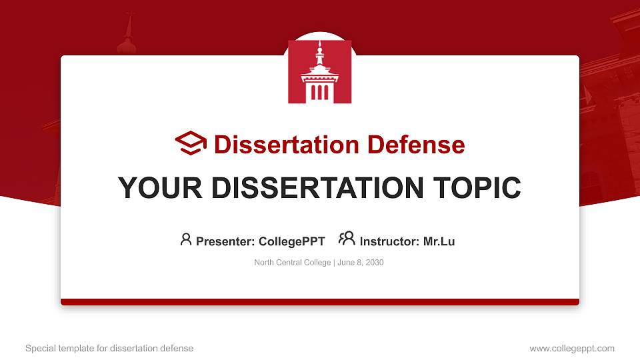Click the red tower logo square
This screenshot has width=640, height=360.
(319, 71)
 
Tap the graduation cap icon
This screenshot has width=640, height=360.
(191, 143)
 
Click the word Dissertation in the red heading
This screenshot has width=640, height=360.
(286, 145)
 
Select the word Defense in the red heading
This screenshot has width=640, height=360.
(416, 145)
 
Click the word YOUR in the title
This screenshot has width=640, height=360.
(160, 188)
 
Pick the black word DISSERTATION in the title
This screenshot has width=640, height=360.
(317, 188)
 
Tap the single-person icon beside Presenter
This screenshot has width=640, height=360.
(186, 239)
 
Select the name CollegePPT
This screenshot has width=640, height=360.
(292, 241)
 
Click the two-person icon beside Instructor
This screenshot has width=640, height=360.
(347, 239)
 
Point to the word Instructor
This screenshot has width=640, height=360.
(389, 241)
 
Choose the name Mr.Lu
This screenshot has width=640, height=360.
(439, 241)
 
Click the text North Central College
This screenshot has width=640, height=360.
(292, 263)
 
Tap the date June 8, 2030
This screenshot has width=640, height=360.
(361, 263)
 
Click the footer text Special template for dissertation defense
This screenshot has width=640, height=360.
(109, 348)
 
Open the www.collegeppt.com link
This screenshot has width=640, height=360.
(572, 348)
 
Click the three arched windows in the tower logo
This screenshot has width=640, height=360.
(319, 93)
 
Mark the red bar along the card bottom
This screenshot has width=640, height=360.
(320, 302)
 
